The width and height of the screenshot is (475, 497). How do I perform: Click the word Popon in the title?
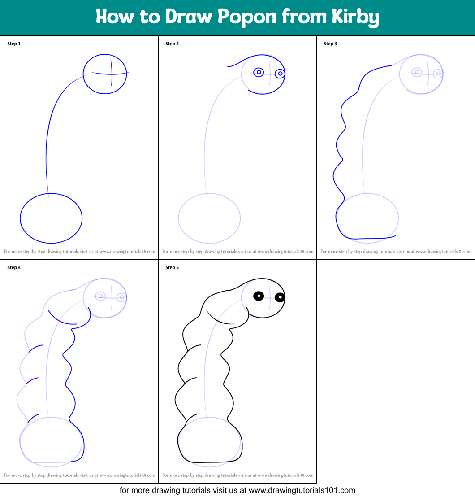(x=247, y=17)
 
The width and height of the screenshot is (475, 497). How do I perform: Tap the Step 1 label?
(x=14, y=44)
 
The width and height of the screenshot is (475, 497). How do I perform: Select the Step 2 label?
(x=172, y=44)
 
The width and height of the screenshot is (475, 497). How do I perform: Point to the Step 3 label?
(x=330, y=44)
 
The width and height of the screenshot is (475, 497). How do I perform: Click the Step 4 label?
(x=14, y=267)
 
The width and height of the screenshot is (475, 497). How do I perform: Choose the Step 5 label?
(x=172, y=267)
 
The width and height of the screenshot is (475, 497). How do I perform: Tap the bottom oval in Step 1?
(x=51, y=218)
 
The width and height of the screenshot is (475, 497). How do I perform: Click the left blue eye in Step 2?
(x=259, y=72)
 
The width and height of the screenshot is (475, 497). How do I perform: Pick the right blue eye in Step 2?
(x=280, y=74)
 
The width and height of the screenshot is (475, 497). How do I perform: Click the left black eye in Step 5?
(x=259, y=296)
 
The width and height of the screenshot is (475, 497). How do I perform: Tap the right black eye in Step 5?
(x=280, y=297)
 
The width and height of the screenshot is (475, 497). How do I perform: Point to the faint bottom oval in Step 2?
(x=209, y=218)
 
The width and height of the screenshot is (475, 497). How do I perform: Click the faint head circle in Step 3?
(x=421, y=74)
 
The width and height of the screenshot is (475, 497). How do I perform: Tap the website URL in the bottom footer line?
(x=302, y=490)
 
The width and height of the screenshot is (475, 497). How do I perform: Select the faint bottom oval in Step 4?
(x=51, y=442)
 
